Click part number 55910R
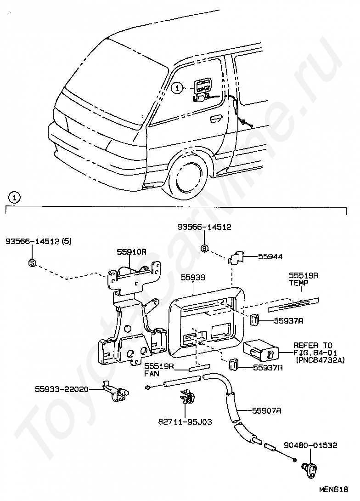point(131,252)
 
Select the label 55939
point(192,278)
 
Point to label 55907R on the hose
point(266,410)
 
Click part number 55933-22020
point(62,389)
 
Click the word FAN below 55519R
point(151,375)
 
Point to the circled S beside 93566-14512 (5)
point(33,263)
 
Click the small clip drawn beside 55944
point(237,258)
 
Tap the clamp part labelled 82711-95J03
point(188,398)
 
